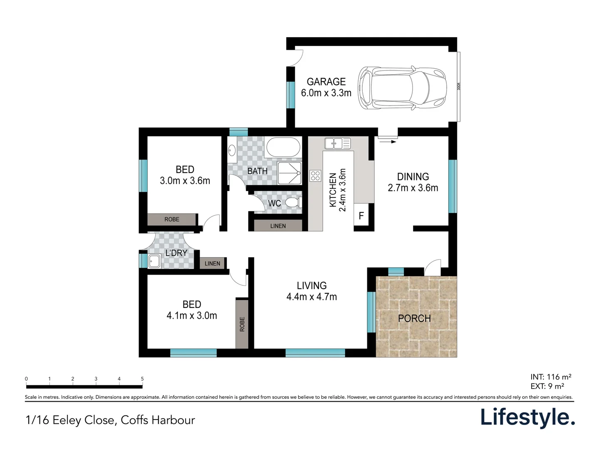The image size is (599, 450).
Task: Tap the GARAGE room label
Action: pyautogui.click(x=326, y=82)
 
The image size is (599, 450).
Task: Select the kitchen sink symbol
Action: pyautogui.click(x=337, y=143)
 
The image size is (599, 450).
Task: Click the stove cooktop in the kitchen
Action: pyautogui.click(x=315, y=175)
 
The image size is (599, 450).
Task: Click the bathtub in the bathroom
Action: pyautogui.click(x=283, y=147)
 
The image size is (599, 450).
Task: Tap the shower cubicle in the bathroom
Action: pyautogui.click(x=290, y=173)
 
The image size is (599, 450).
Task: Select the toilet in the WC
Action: pyautogui.click(x=293, y=202)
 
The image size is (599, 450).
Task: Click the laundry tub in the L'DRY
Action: pyautogui.click(x=154, y=261)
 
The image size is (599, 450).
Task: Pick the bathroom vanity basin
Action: pyautogui.click(x=232, y=150)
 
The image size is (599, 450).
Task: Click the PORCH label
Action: pyautogui.click(x=414, y=318)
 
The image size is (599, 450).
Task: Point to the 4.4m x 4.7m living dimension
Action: pyautogui.click(x=312, y=297)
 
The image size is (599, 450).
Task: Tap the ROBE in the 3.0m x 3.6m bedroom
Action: pyautogui.click(x=172, y=220)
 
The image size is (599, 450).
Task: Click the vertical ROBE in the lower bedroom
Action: pyautogui.click(x=242, y=324)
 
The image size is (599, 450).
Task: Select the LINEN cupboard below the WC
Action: pyautogui.click(x=278, y=226)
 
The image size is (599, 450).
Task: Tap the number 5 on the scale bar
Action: pyautogui.click(x=142, y=379)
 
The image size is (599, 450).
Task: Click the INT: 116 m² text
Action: pyautogui.click(x=551, y=377)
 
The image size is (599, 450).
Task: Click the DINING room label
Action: pyautogui.click(x=413, y=177)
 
